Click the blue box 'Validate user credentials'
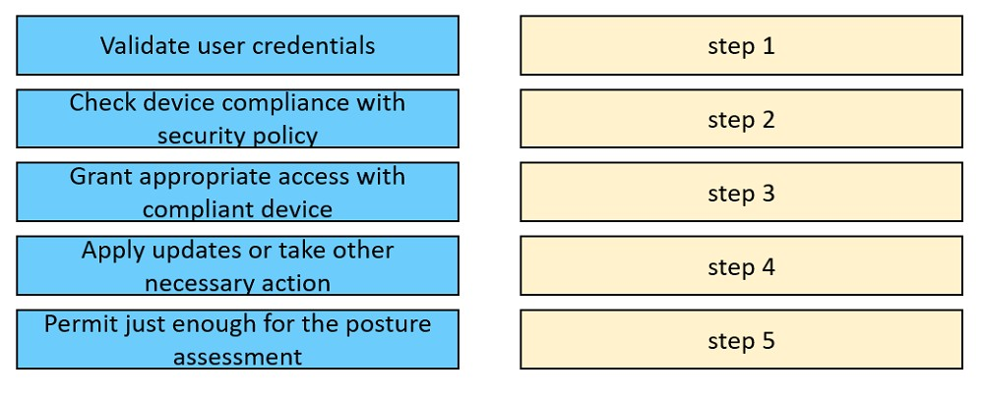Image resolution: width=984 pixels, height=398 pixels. click(237, 45)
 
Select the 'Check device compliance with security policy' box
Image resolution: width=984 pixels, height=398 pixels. click(237, 119)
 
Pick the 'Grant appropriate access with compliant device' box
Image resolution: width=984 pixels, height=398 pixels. click(237, 192)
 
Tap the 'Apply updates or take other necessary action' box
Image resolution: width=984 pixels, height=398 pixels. click(237, 265)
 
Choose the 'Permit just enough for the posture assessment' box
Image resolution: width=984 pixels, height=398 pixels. click(237, 339)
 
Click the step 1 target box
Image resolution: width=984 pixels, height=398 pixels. click(741, 45)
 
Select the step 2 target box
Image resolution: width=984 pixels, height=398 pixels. click(741, 119)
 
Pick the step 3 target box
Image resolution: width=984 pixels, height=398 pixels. click(741, 192)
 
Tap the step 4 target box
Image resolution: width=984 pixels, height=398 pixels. click(741, 265)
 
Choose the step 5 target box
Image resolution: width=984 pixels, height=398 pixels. click(741, 339)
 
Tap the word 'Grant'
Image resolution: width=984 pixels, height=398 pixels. click(101, 176)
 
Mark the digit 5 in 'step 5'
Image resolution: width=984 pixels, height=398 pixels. click(769, 340)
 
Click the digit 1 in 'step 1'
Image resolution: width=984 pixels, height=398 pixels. click(769, 46)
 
